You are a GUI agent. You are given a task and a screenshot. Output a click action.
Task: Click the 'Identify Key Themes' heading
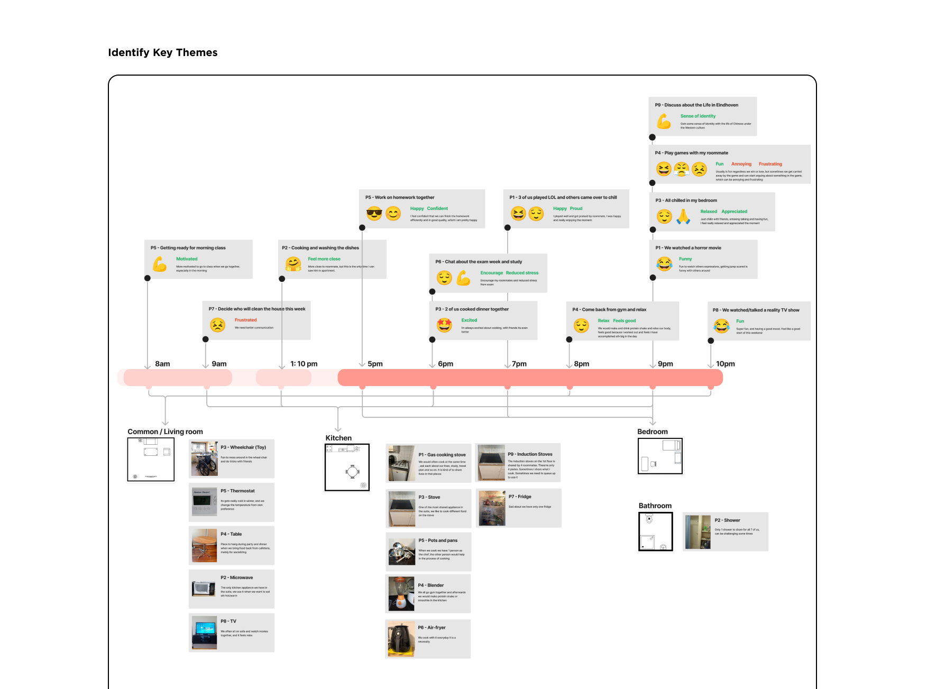163,52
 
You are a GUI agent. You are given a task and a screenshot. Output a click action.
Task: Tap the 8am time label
162,364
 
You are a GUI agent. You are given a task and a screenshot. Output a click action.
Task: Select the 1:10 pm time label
304,364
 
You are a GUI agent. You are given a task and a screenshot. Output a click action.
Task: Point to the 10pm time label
725,364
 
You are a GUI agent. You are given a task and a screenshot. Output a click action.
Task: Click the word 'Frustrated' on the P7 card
245,320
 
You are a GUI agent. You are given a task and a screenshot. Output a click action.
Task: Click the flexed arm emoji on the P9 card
664,122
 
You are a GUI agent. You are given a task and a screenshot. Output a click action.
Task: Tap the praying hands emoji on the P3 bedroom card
683,216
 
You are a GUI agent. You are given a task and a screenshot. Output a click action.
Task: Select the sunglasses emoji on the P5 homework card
374,214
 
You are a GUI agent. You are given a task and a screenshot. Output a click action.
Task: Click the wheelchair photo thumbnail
204,458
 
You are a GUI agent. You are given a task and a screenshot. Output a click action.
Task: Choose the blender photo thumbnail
401,594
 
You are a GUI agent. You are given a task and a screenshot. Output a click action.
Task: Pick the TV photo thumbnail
204,632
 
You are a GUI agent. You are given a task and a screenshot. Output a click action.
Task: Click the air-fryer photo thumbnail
401,639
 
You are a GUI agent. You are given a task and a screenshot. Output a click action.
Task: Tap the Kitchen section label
338,438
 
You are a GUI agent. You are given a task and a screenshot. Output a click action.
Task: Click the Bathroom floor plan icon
656,531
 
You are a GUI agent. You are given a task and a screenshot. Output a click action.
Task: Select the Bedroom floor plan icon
660,456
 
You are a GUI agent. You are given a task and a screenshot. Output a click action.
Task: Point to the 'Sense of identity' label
697,116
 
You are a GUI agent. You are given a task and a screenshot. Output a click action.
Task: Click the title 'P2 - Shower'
727,520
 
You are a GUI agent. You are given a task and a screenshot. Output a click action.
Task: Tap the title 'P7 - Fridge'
520,497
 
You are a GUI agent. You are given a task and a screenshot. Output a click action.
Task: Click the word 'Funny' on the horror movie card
685,259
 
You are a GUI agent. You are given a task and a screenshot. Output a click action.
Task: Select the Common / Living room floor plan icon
151,460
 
